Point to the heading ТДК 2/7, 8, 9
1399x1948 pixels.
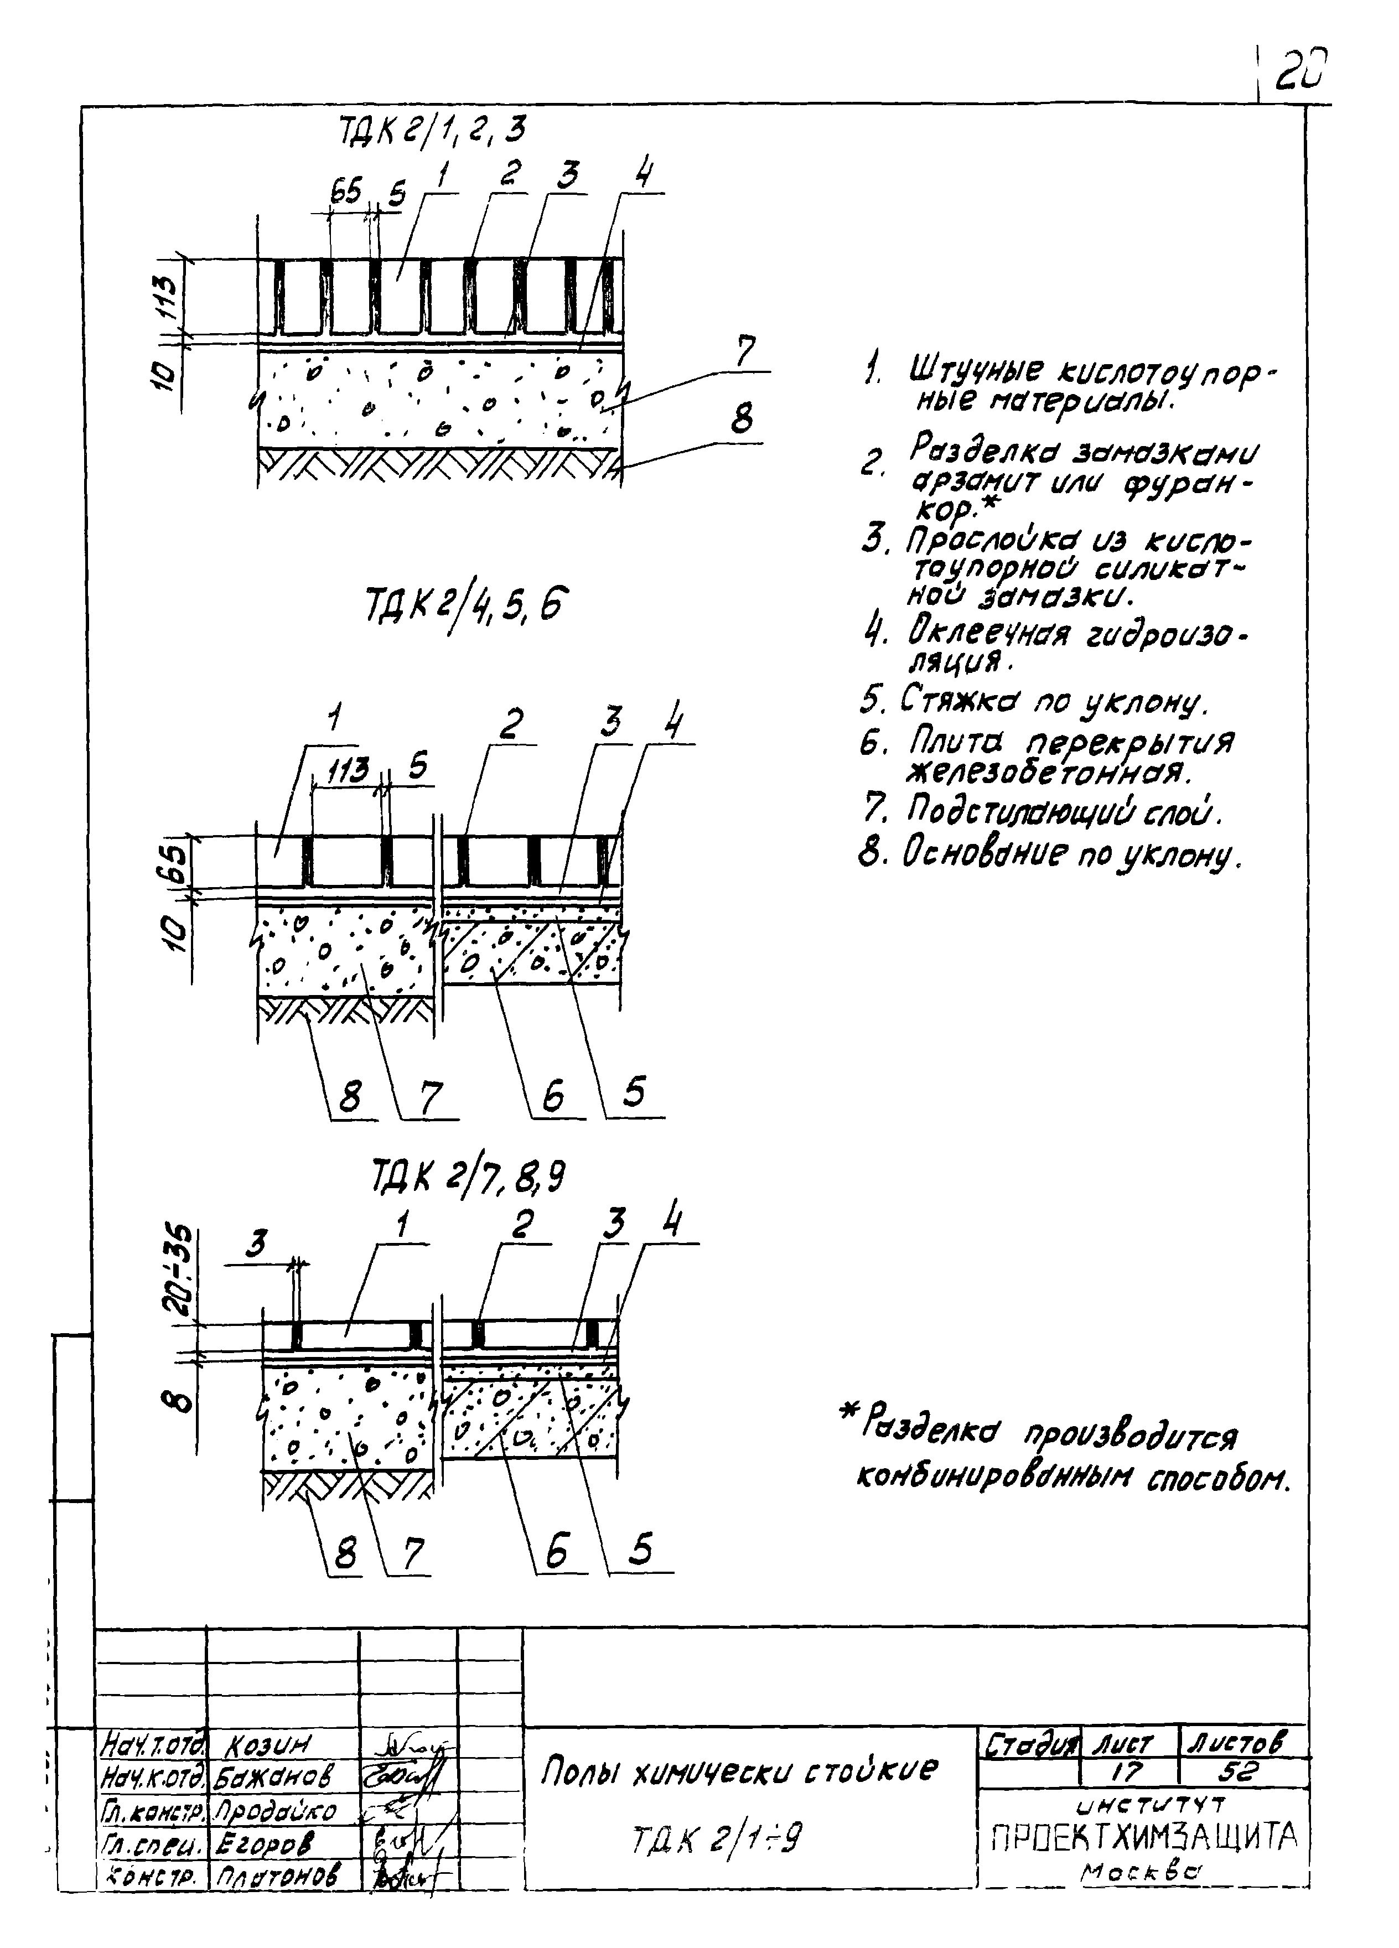click(x=468, y=1177)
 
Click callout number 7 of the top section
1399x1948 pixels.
click(x=744, y=353)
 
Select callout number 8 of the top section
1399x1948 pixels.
click(x=741, y=420)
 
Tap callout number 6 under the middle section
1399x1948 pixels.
click(x=553, y=1096)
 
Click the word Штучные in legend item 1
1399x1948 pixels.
click(x=976, y=372)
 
